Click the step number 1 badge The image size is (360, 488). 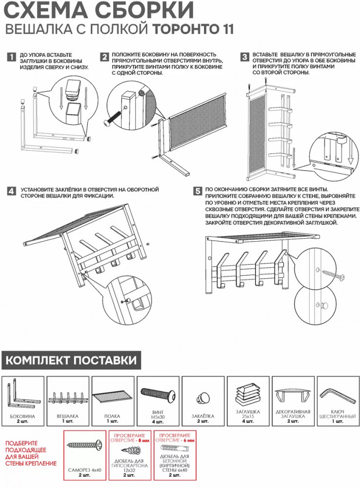tap(11, 57)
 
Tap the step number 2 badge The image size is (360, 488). tap(104, 57)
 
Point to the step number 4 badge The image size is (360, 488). tap(11, 191)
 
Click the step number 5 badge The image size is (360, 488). tap(197, 191)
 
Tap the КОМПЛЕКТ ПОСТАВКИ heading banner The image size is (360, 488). tap(71, 362)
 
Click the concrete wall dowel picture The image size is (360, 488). tap(174, 448)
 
